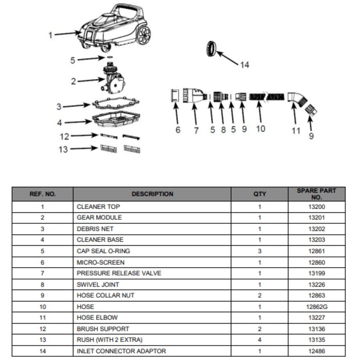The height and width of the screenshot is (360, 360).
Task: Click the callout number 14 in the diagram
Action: pos(245,65)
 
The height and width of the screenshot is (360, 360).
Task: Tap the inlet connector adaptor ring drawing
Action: pos(211,49)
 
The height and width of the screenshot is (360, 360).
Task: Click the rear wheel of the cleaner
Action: pos(144,35)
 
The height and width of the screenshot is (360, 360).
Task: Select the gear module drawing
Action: pos(113,78)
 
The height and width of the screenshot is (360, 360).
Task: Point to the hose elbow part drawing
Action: pos(297,99)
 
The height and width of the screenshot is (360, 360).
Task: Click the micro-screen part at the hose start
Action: pos(175,95)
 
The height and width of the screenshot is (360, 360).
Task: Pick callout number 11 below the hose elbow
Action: pos(296,131)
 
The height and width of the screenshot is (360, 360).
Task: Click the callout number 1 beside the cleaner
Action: pos(50,36)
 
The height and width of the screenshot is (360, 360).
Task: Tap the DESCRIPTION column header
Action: pos(153,194)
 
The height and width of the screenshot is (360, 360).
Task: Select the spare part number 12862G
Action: pos(317,307)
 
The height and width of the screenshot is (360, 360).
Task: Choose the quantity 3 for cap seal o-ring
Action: pos(260,251)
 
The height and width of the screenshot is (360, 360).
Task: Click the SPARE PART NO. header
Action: pos(317,194)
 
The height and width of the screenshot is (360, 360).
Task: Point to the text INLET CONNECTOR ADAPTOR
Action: pos(121,351)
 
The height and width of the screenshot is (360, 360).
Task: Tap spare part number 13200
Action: pos(317,207)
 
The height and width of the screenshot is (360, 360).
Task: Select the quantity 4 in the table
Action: pos(260,340)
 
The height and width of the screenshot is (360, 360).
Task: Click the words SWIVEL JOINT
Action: pos(98,285)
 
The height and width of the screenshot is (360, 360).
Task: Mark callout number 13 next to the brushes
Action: pos(63,149)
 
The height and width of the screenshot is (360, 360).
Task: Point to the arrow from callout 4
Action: pos(78,122)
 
